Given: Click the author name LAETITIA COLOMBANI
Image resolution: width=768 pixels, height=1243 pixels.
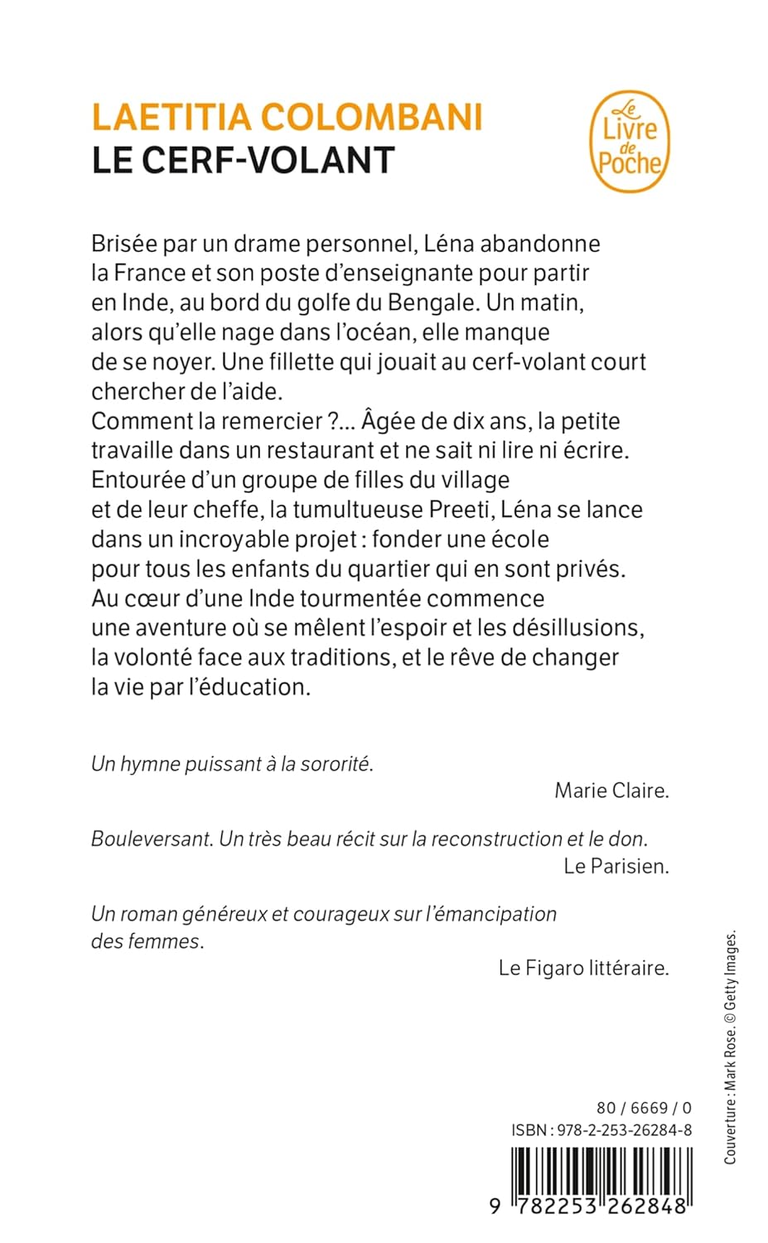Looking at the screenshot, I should point(287,117).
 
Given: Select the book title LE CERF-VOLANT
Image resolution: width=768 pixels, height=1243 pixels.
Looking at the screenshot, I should point(243,161).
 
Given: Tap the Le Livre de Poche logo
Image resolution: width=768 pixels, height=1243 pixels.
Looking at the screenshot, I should point(629,143).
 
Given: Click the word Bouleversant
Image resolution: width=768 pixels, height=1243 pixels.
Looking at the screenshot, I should point(151,839).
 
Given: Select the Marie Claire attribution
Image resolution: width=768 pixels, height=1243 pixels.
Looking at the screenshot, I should point(611,791).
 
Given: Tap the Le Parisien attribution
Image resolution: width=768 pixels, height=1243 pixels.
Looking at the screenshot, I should point(616,866).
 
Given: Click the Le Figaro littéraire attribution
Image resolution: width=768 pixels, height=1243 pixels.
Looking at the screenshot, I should point(583,967).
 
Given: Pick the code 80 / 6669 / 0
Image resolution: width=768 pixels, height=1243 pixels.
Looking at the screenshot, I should point(644,1108).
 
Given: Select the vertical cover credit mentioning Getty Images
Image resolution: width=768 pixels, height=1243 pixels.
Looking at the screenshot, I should point(730,1047).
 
